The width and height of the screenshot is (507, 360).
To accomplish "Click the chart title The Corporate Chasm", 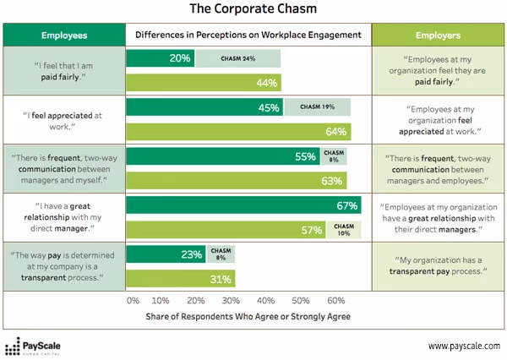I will [x=253, y=12].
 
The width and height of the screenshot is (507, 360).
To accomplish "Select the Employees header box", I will [x=63, y=35].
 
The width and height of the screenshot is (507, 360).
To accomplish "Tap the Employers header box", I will [x=437, y=35].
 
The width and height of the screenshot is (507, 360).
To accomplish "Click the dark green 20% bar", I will [x=161, y=58].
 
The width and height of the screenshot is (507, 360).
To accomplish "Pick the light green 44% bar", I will [x=204, y=82].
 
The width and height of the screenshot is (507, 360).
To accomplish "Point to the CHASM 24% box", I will [x=238, y=58].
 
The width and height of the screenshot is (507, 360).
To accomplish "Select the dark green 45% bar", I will [x=204, y=107].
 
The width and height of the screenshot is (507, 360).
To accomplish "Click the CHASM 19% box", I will [x=317, y=107].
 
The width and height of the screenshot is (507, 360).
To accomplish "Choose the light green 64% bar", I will [x=238, y=132].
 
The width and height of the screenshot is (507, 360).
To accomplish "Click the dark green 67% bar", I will [x=243, y=205].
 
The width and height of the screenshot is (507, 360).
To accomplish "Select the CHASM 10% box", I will [x=343, y=230].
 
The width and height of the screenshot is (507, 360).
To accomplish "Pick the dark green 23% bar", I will [x=166, y=254].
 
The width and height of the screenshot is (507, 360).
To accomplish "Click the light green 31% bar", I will [x=180, y=279].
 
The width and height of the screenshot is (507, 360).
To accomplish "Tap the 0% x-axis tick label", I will [x=133, y=301].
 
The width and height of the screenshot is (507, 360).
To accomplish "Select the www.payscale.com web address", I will [x=464, y=346].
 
